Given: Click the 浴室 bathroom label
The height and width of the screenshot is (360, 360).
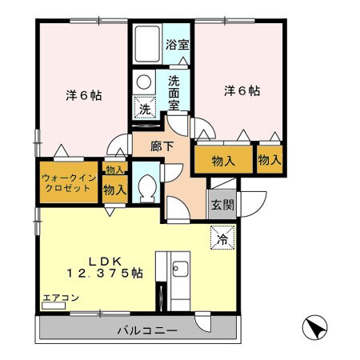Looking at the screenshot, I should [x=178, y=44].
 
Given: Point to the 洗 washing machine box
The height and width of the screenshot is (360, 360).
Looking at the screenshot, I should [x=145, y=107].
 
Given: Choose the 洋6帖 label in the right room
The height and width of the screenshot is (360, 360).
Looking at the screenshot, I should [x=240, y=90].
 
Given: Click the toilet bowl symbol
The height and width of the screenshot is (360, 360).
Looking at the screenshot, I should [x=146, y=187].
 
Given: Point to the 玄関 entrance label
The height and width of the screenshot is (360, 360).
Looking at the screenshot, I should [x=222, y=204].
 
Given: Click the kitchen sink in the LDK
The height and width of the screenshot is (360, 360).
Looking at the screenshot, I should [x=180, y=270].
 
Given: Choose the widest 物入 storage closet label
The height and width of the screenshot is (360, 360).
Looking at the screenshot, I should [x=223, y=162].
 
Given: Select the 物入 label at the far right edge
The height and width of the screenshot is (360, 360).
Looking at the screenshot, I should [x=270, y=160].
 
